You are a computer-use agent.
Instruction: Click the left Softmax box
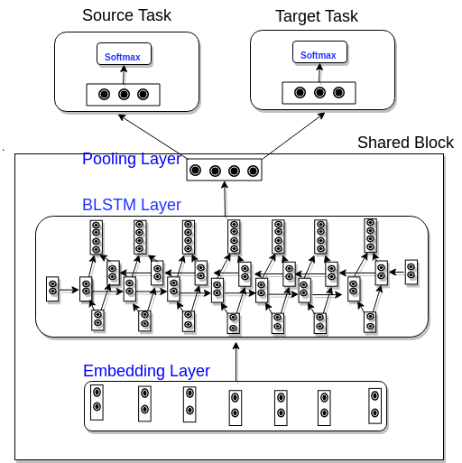coord(125,54)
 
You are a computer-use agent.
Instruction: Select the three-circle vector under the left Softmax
coord(124,94)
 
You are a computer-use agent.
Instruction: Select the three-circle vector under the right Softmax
coord(319,92)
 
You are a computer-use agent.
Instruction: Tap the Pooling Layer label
coord(131,160)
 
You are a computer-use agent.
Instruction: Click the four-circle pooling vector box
coord(225,170)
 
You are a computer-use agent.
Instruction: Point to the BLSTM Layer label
coord(132,205)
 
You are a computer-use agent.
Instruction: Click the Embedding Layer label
coord(146,371)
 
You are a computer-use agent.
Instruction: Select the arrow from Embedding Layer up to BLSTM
coord(236,362)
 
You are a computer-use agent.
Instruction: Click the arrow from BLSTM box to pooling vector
coord(226,199)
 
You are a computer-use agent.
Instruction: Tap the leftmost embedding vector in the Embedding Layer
coord(97,399)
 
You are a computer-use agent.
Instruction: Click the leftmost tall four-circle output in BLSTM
coord(97,236)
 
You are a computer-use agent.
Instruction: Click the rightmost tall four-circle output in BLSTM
coord(371,235)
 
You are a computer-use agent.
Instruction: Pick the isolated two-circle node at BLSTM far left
coord(52,288)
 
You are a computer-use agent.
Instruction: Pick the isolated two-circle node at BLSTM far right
coord(411,271)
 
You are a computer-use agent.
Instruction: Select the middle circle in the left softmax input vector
coord(124,94)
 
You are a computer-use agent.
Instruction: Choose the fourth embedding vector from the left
coord(235,407)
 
